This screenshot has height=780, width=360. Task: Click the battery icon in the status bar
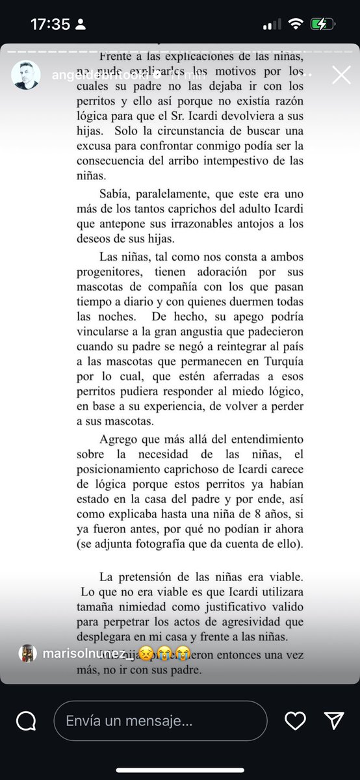click(x=323, y=25)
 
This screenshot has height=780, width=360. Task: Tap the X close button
click(x=341, y=76)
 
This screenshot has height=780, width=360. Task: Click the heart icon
click(x=296, y=720)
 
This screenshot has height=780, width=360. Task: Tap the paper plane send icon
click(x=333, y=720)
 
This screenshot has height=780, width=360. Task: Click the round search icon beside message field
click(x=26, y=720)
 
